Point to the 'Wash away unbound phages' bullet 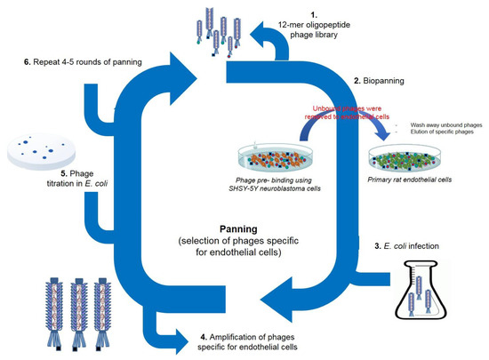click(442, 125)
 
